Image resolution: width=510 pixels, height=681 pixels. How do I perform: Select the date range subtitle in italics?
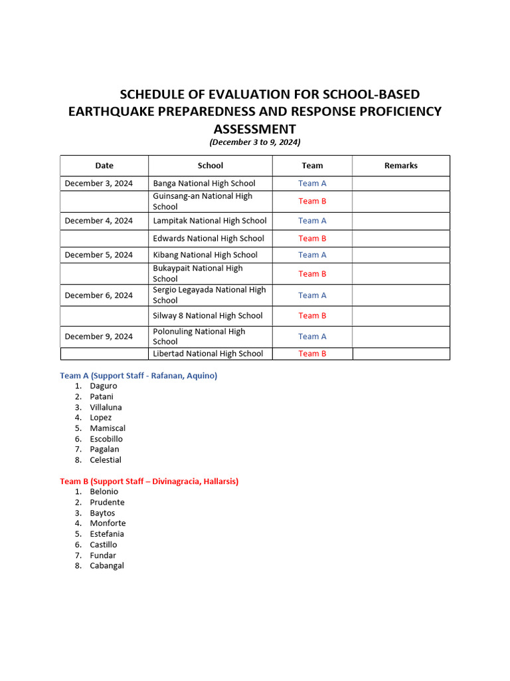coord(255,142)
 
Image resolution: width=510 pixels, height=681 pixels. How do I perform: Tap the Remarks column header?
coord(400,166)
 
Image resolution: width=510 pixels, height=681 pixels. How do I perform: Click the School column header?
coord(210,166)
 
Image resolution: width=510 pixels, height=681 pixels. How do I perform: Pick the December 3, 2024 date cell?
coord(98,184)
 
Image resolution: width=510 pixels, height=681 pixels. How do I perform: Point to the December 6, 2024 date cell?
coord(98,295)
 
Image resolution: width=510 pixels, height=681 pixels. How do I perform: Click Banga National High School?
coord(204,184)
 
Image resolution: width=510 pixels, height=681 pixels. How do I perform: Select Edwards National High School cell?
coord(209,238)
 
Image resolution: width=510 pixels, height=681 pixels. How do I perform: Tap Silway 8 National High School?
coord(208,316)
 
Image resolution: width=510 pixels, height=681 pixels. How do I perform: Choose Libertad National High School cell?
coord(208,354)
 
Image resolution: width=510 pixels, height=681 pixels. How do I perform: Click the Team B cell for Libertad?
coord(312,354)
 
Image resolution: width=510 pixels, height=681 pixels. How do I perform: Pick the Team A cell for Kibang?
coord(312,255)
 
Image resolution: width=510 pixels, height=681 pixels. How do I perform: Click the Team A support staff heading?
coord(138,376)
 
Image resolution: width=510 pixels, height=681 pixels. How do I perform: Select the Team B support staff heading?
coord(149,481)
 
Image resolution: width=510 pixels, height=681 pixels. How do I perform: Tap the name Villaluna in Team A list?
coord(106,407)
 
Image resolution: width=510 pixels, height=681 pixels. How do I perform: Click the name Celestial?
coord(106,460)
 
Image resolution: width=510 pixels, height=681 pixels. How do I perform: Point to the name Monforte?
coord(108,523)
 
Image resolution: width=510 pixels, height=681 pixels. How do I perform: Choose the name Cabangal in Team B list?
coord(107,566)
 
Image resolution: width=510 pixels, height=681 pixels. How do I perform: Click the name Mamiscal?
coord(108,428)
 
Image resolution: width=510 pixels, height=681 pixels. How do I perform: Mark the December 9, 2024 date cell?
coord(98,337)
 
